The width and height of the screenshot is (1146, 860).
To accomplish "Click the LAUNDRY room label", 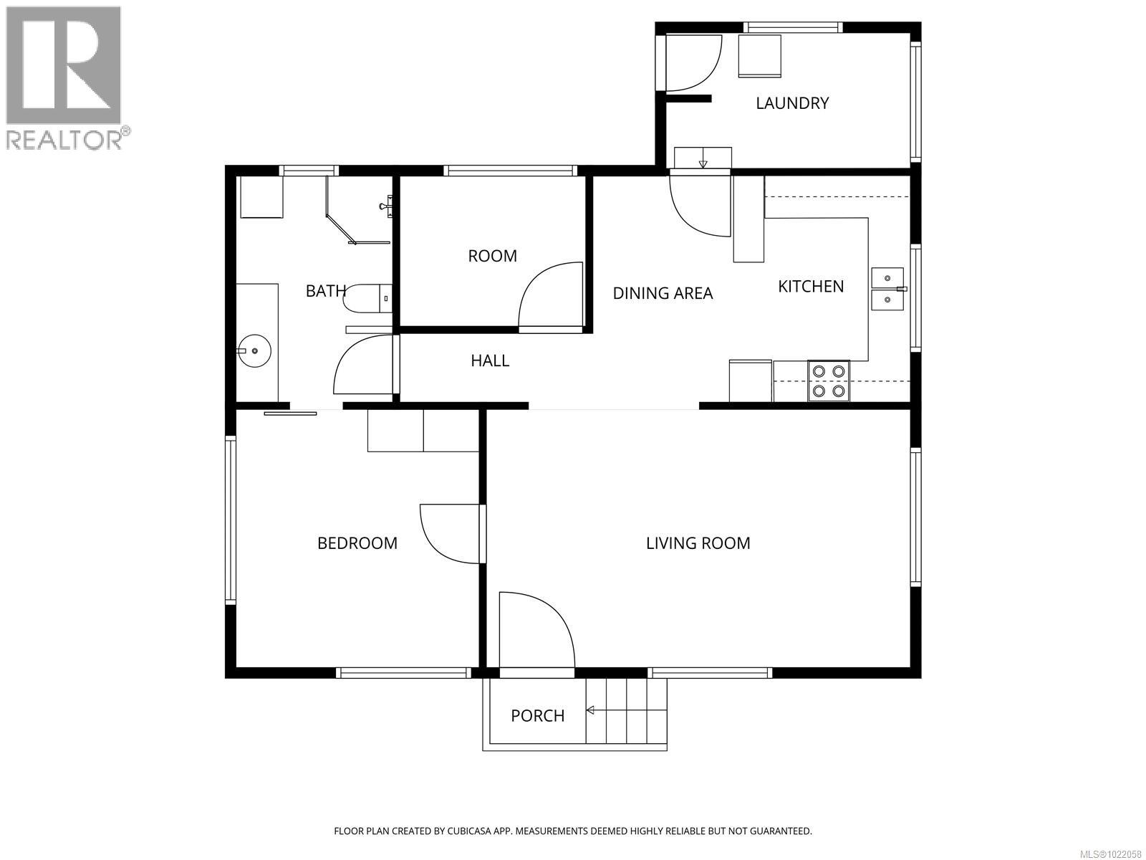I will [792, 103].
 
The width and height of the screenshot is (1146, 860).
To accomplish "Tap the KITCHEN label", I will [811, 287].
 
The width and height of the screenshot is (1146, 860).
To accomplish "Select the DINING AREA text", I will [663, 293].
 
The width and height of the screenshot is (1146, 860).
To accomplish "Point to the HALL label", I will [490, 360].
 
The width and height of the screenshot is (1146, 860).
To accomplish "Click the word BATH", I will [326, 291].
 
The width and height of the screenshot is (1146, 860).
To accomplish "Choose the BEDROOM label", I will [357, 543].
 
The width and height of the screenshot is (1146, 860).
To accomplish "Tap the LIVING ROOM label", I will [698, 543].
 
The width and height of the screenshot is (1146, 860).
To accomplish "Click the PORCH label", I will [537, 716].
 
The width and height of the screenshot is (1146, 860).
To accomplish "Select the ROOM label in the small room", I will [492, 256].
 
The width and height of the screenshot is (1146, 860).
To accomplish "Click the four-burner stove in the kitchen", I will [829, 381].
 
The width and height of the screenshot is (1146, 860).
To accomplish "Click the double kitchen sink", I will [887, 289].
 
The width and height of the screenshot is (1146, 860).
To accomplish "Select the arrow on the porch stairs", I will [592, 710].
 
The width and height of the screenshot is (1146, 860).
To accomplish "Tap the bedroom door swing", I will [450, 533].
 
